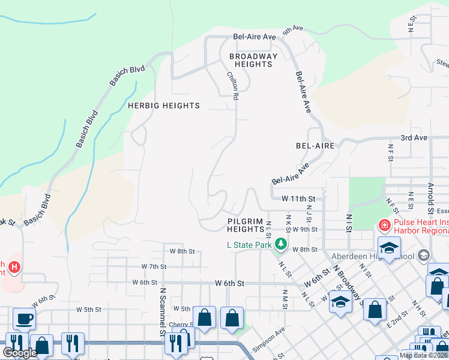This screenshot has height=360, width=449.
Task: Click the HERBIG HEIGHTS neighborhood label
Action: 164,106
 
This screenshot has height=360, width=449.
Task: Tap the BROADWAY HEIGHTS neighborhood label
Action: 254,60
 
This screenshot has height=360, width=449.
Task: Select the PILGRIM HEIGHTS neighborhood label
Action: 246,225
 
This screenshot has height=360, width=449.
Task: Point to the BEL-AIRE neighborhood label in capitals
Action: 315,146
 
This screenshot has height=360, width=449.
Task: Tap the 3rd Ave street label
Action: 414,137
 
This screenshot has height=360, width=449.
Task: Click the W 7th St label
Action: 153,266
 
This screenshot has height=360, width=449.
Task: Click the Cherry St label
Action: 179,325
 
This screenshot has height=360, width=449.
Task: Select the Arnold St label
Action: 430,199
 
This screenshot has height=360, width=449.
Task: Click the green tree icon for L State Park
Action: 280,244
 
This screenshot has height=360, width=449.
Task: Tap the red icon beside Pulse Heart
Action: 384,226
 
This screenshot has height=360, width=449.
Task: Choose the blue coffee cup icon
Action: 23,318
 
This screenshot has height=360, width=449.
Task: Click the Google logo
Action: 20,353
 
